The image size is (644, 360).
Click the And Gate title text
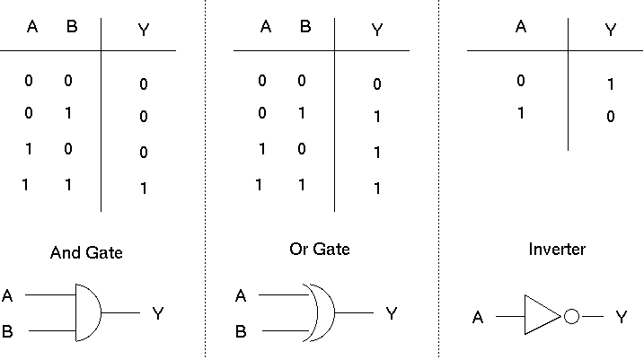point(86,253)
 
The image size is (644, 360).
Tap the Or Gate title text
point(319,248)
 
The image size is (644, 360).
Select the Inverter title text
point(557,249)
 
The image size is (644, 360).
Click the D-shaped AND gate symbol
point(87,312)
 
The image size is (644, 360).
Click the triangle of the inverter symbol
point(542,316)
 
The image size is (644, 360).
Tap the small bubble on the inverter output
point(571,316)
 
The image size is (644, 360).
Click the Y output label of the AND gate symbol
point(158,313)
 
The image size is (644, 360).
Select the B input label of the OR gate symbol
point(241,331)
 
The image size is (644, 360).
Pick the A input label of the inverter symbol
point(478,317)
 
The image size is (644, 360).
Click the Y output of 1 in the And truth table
point(144,189)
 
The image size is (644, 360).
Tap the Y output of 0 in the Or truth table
point(377,84)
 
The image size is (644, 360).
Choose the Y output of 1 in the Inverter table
point(611,84)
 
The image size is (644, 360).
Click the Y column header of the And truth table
point(144,30)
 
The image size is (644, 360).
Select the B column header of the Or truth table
point(305,27)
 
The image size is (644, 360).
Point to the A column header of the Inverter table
point(521,27)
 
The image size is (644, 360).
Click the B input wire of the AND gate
point(51,331)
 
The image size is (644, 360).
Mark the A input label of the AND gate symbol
point(8,294)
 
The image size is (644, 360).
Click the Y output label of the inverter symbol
point(621,317)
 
